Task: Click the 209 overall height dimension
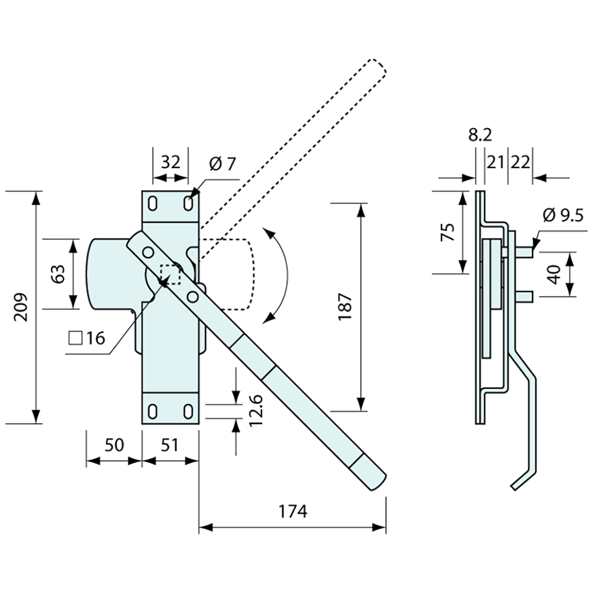pos(21,307)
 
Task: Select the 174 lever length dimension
pos(294,511)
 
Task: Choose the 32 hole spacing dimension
pos(170,162)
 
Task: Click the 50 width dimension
pos(114,445)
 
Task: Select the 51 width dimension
pos(170,445)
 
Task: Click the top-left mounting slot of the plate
pos(153,204)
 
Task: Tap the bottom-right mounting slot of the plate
pos(188,411)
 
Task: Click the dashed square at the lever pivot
pos(171,274)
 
